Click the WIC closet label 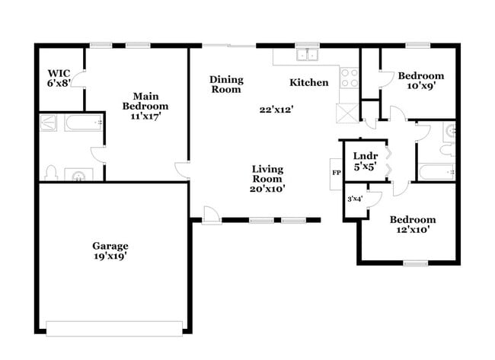(x=59, y=73)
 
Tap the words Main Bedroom (x=145, y=101)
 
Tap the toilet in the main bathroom (x=51, y=172)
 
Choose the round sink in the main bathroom (x=78, y=176)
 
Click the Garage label (x=110, y=246)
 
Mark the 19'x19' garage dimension (x=110, y=256)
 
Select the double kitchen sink (x=308, y=54)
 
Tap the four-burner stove (x=349, y=78)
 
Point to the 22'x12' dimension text (x=276, y=110)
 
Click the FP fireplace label (x=337, y=172)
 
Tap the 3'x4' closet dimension (x=354, y=199)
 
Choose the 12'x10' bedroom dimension (x=413, y=231)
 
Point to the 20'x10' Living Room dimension (x=267, y=190)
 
